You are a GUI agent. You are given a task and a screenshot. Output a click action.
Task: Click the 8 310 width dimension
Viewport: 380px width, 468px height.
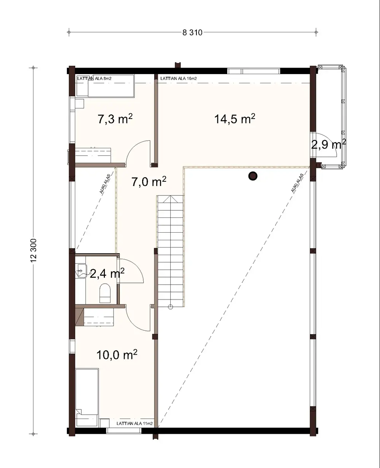[x=193, y=33]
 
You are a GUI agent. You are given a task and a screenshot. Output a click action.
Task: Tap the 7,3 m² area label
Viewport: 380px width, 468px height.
[x=115, y=119]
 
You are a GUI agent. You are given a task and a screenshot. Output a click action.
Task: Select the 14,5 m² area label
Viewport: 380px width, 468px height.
[x=234, y=119]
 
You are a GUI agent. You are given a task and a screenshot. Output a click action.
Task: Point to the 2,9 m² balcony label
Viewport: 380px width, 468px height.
[x=328, y=144]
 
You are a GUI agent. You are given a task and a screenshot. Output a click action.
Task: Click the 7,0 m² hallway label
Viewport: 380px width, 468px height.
[x=149, y=182]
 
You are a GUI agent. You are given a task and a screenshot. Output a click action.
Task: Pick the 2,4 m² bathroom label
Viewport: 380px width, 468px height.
[x=107, y=273]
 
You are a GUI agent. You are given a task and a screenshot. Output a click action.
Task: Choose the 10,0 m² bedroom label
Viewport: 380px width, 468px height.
[x=117, y=355]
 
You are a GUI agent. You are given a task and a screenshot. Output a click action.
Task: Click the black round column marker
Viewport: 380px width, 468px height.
[x=253, y=176]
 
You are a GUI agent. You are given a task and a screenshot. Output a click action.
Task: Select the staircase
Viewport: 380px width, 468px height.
[x=171, y=251]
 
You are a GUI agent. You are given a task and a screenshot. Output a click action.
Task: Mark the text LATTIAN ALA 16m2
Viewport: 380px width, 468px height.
[x=179, y=79]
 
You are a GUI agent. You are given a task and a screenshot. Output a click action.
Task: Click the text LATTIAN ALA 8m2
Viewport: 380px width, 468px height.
[x=95, y=79]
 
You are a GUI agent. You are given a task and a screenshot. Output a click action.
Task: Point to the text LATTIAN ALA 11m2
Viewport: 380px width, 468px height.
[x=135, y=423]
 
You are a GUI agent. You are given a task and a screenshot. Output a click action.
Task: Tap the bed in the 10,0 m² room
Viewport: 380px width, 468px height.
[x=87, y=392]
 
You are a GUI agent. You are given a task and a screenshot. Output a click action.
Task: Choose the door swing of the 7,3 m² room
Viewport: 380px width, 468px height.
[x=137, y=152]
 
